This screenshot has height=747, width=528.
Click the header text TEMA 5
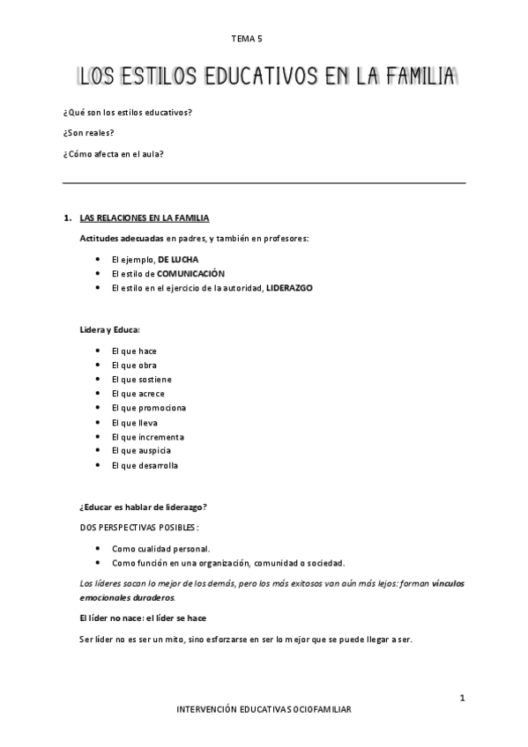tap(247, 39)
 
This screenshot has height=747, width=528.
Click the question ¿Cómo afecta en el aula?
tap(114, 153)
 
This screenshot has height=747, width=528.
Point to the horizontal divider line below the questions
tap(264, 183)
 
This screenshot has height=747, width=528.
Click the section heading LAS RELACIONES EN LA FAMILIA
tap(145, 218)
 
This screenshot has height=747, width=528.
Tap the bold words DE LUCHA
tap(178, 260)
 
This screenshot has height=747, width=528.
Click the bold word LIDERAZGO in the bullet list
tap(289, 288)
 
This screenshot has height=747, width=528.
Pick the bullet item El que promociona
tap(149, 408)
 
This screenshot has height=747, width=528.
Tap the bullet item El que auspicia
tap(141, 451)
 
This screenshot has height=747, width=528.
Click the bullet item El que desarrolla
tap(145, 465)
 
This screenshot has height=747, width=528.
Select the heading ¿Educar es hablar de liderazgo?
tap(144, 507)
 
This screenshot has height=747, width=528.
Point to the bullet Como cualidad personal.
tap(161, 548)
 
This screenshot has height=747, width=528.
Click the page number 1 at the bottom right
tap(462, 699)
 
